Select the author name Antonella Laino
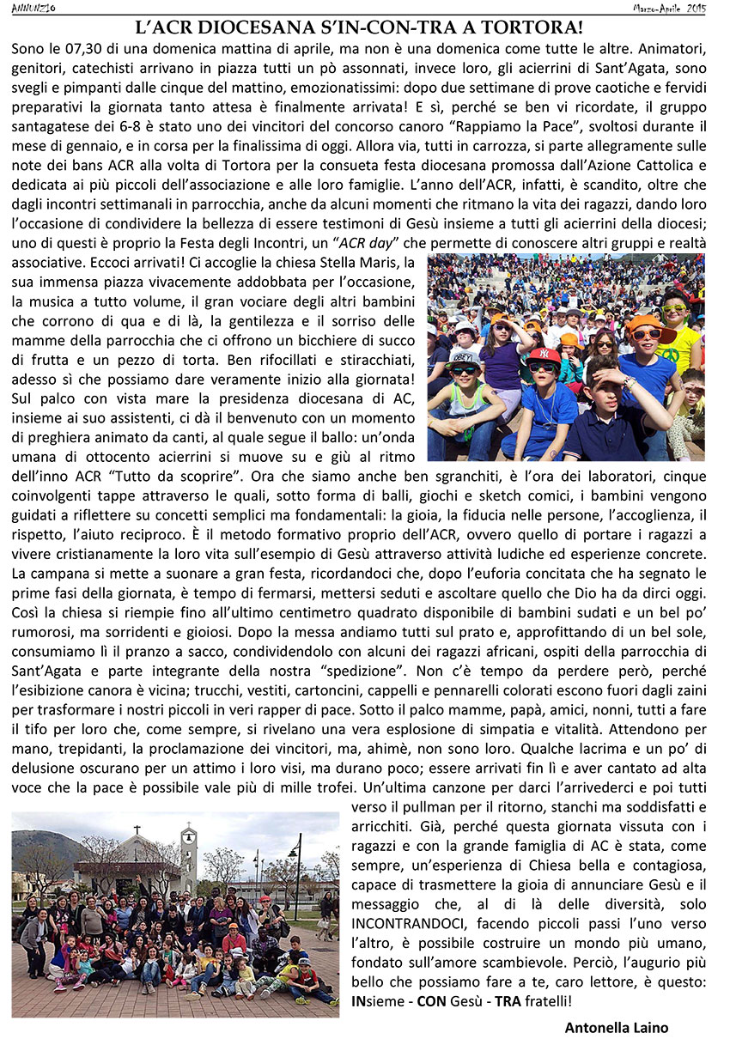point(616,1027)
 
